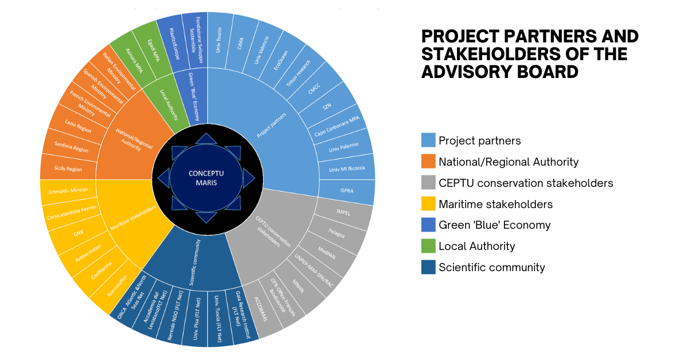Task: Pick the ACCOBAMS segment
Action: point(261,311)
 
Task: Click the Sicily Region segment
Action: point(68,169)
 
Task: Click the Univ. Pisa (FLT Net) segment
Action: point(195,318)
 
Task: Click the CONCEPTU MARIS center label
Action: point(207,177)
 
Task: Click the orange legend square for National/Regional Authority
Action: point(428,162)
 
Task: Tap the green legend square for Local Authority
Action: point(428,246)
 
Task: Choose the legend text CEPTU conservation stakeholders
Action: point(526,183)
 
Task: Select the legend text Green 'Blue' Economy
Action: point(494,225)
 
